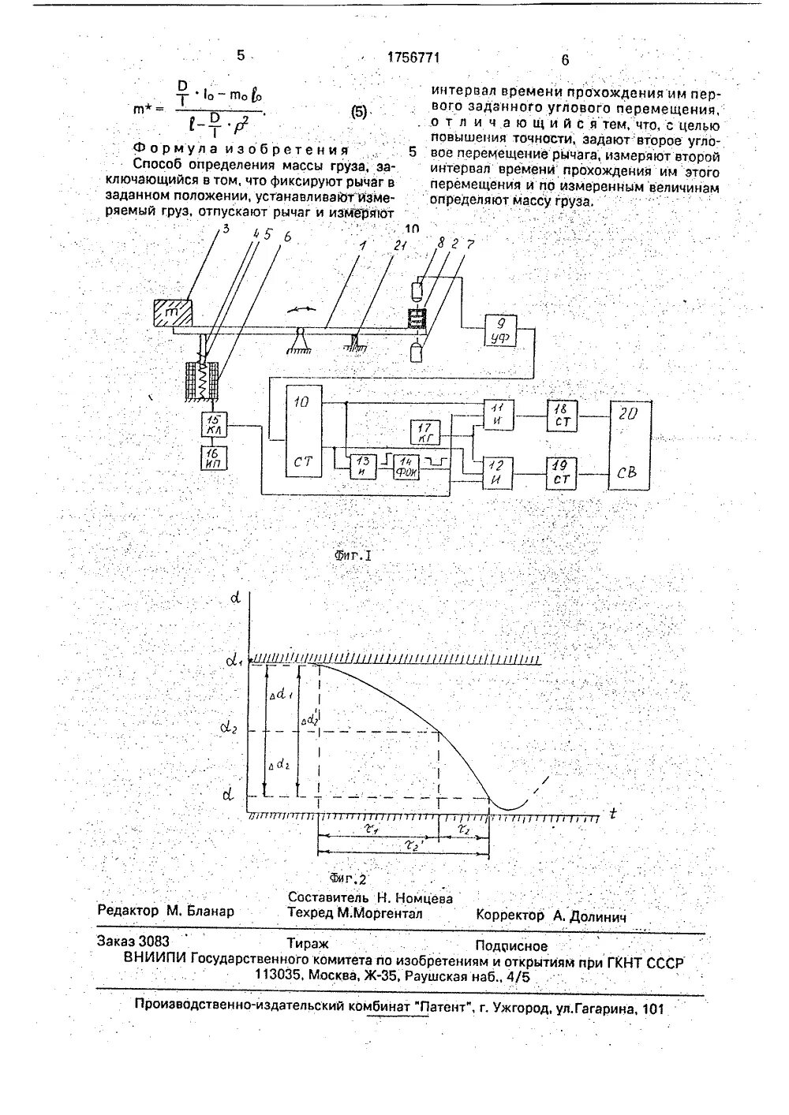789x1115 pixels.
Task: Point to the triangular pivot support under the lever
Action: pos(298,341)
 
